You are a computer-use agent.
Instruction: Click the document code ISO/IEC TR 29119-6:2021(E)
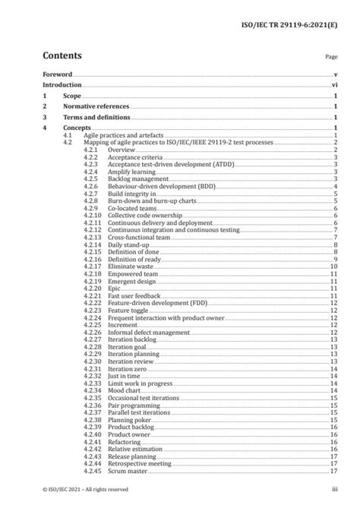coord(295,14)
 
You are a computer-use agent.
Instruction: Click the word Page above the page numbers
coord(330,57)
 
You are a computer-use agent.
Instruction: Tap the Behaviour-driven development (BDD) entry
coord(152,186)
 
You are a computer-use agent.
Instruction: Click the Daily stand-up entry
coord(128,245)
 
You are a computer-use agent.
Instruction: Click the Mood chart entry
coord(124,390)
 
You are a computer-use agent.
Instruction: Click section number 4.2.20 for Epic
coord(92,289)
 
